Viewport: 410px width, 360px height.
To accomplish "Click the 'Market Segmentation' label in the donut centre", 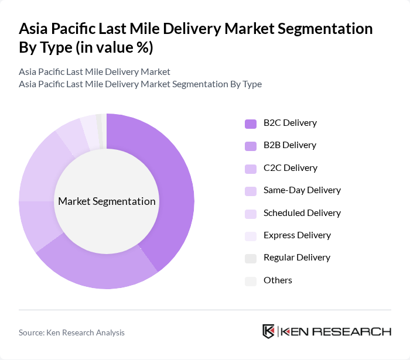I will coord(107,201).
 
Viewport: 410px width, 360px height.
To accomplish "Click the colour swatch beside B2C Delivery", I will coord(251,124).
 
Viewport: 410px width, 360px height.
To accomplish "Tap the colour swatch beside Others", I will coord(251,281).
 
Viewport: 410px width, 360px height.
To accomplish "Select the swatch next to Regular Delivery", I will coord(251,258).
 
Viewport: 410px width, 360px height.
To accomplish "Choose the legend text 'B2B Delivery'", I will coord(289,145).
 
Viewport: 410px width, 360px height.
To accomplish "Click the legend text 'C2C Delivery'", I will coord(290,168).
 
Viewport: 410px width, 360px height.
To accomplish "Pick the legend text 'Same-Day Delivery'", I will coord(302,190).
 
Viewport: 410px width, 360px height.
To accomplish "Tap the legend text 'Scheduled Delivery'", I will coord(302,213).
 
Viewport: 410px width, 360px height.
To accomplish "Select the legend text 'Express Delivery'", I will coord(297,235).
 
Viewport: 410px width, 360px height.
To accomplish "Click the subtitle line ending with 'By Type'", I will coord(140,84).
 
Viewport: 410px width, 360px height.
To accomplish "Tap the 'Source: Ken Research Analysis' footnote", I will coord(71,332).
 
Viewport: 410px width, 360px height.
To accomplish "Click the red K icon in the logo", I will coord(268,331).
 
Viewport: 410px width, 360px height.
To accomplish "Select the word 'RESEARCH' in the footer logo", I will coord(357,332).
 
